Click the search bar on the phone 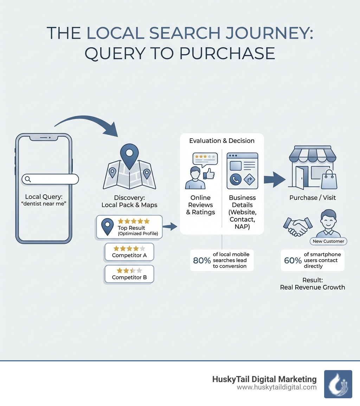tap(50, 179)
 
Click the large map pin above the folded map tap(129, 154)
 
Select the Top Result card tap(129, 227)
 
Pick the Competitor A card tap(129, 252)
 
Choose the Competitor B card tap(129, 274)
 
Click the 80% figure tap(202, 261)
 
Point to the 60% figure tap(292, 261)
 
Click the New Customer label tap(328, 241)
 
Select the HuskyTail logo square tap(338, 384)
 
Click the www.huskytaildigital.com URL tap(277, 387)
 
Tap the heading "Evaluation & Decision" tap(221, 141)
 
